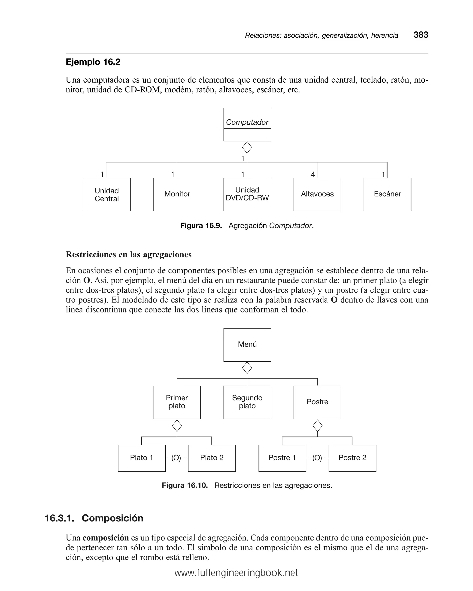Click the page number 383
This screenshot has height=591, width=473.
point(421,35)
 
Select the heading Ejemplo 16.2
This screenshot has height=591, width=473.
point(93,62)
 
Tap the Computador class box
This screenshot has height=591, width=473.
point(247,124)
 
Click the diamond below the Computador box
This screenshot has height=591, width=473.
point(247,147)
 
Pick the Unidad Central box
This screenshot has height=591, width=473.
point(106,195)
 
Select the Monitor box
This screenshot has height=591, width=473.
point(177,195)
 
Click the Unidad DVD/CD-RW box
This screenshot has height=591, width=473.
point(247,195)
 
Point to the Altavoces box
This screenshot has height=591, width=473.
point(317,195)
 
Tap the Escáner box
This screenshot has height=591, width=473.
point(387,195)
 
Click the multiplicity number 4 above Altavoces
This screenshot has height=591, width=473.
point(312,174)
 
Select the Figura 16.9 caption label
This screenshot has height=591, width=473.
point(201,226)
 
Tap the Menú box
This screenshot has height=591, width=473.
point(247,345)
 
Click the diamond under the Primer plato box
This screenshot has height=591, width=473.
point(177,426)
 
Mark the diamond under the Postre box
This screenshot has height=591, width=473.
point(317,426)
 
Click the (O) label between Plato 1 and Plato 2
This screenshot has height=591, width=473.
point(176,458)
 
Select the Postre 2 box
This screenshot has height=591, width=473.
point(352,458)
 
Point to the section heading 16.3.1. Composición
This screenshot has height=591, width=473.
point(94,518)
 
